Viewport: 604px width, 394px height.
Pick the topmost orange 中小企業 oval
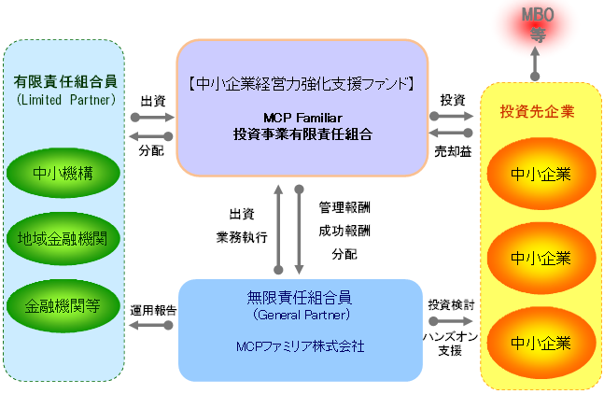pyautogui.click(x=541, y=173)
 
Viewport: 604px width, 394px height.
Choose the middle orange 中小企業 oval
pyautogui.click(x=541, y=257)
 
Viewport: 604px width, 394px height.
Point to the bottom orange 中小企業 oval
pyautogui.click(x=541, y=343)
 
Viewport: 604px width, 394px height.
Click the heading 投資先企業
pyautogui.click(x=537, y=112)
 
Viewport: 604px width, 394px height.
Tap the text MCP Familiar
pyautogui.click(x=302, y=119)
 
